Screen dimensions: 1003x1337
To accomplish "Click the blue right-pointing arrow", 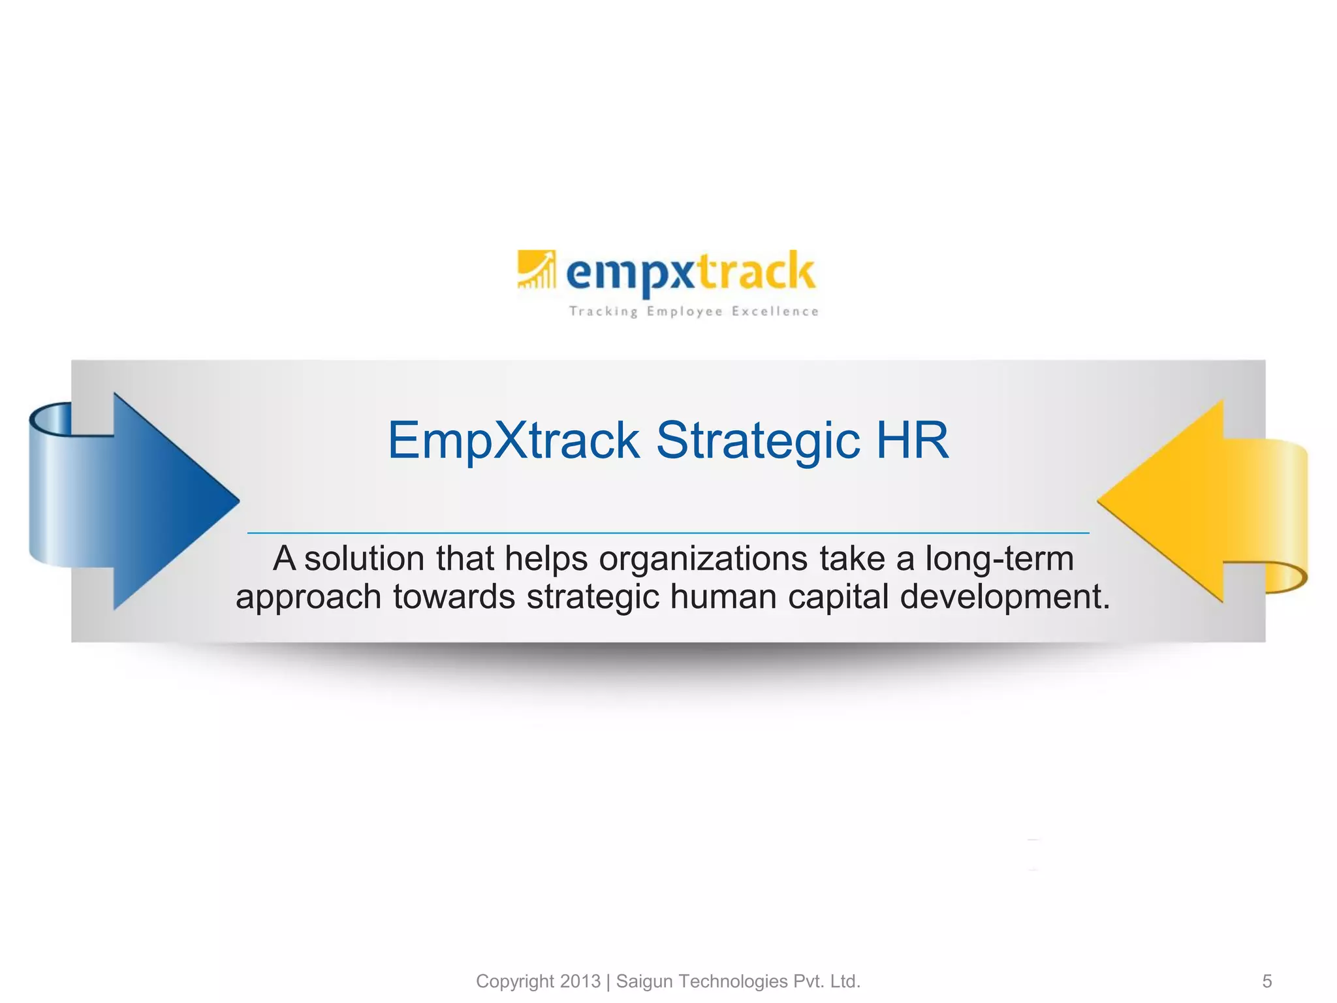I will [150, 501].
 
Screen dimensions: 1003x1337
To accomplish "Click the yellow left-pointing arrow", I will [1182, 501].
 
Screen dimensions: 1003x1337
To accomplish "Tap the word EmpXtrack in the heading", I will [513, 441].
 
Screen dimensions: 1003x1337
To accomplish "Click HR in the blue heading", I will [912, 441].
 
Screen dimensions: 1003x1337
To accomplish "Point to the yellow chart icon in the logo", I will [536, 269].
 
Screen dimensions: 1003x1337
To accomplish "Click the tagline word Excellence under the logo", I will [775, 311].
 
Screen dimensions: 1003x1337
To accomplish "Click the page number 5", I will [1266, 981].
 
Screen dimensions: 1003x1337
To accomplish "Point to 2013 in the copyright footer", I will [580, 981].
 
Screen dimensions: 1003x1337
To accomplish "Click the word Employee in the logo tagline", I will [685, 311].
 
